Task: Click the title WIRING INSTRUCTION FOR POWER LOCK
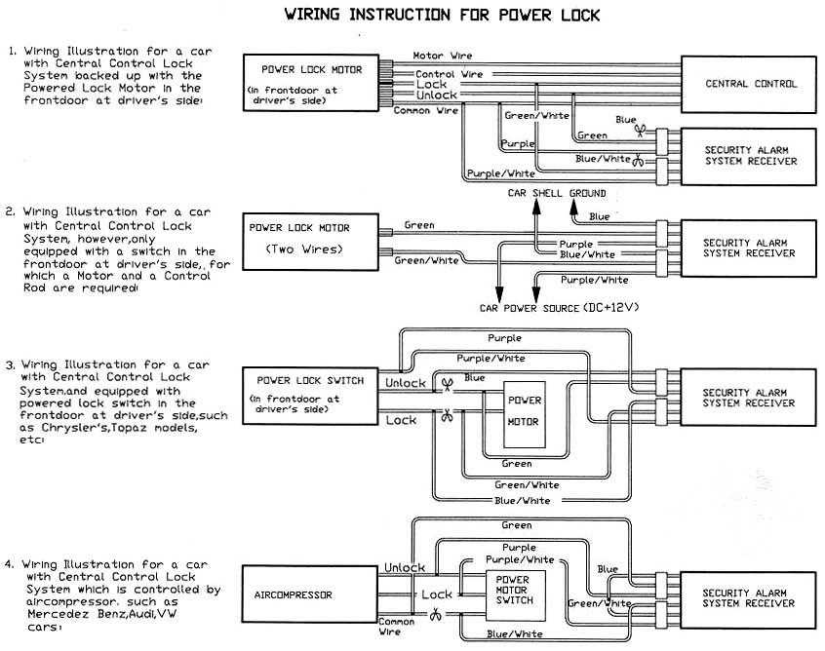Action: (442, 16)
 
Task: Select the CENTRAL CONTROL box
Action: (751, 84)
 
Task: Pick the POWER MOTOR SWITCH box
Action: (512, 591)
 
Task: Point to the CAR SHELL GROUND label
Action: (556, 193)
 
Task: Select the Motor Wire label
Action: (442, 56)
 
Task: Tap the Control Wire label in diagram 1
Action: (450, 74)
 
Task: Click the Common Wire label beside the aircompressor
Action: (396, 626)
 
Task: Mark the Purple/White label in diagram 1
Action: (498, 173)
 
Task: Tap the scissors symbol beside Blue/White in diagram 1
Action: (638, 160)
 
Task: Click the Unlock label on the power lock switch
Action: (406, 383)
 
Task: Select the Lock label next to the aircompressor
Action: (436, 594)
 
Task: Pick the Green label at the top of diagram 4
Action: (517, 525)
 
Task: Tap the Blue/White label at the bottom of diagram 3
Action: (522, 501)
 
